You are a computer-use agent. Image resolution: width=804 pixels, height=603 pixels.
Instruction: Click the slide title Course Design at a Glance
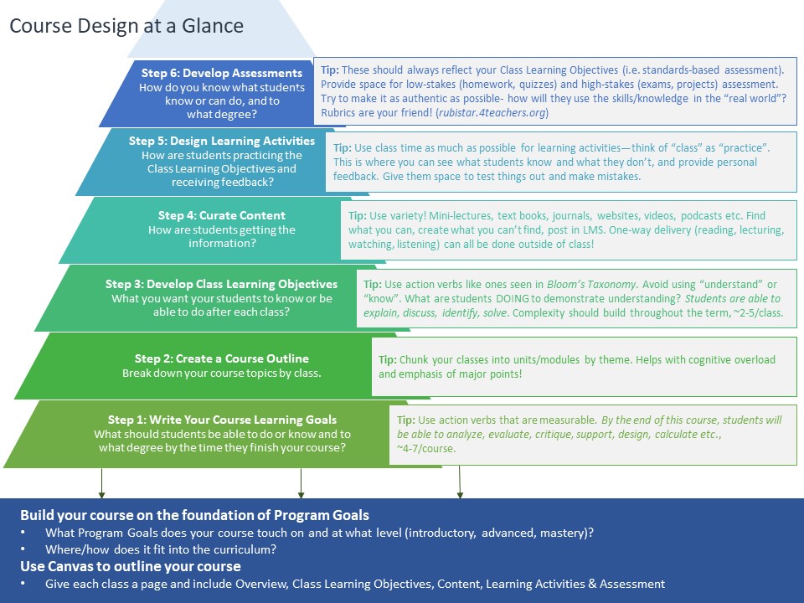126,26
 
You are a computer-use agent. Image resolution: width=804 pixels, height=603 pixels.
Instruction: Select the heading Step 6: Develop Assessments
222,73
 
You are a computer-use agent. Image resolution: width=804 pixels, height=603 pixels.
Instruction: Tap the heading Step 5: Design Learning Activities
222,141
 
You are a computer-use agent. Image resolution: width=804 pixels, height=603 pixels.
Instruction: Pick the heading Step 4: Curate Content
221,215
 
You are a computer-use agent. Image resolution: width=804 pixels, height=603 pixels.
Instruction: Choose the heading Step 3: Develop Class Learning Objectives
221,284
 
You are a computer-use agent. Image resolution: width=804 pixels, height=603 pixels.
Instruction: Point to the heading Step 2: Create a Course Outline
221,358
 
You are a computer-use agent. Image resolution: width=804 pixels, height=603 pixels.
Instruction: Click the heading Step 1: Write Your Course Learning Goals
222,420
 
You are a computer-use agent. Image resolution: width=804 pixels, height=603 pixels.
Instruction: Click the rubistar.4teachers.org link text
492,112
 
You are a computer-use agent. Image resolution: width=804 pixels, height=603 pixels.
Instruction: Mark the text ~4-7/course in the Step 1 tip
425,448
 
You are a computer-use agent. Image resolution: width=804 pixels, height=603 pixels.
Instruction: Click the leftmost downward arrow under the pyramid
101,483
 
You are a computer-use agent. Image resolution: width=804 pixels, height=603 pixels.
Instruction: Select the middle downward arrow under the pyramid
301,483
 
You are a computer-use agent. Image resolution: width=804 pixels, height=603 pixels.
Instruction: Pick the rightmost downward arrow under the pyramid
460,482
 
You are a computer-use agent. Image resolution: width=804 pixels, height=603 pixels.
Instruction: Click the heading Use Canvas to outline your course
131,566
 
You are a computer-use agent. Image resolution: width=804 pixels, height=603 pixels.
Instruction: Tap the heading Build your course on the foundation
194,515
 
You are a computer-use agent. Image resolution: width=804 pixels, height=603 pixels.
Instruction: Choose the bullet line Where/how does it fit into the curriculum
161,549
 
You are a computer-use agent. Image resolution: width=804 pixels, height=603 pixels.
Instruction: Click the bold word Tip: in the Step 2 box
388,359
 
